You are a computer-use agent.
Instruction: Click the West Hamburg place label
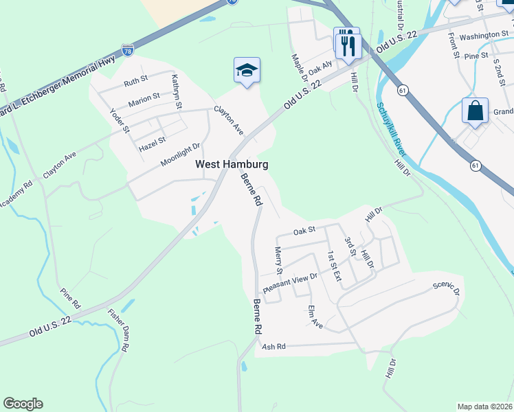[x=232, y=164]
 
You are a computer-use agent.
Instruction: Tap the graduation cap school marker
[x=247, y=71]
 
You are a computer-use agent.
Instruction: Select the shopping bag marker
[x=476, y=111]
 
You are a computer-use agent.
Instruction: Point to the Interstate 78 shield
[x=127, y=50]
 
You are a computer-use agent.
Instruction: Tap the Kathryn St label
[x=177, y=91]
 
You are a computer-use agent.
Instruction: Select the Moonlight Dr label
[x=179, y=154]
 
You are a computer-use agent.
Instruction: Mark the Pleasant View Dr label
[x=291, y=282]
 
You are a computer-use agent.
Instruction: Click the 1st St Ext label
[x=333, y=266]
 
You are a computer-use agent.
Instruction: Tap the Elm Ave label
[x=315, y=315]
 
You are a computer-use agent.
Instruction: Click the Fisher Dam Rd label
[x=118, y=330]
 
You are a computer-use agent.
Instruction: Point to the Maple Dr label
[x=297, y=67]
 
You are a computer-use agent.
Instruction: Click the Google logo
[x=23, y=404]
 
